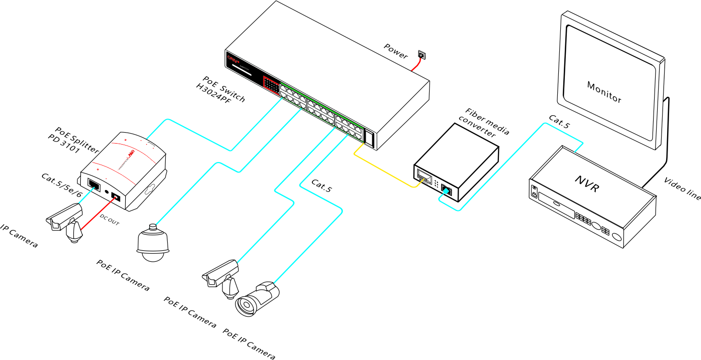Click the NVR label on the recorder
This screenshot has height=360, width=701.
click(x=586, y=184)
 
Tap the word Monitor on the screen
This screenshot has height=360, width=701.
click(x=604, y=92)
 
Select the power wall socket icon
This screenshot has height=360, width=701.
click(x=422, y=55)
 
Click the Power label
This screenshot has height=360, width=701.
click(x=396, y=50)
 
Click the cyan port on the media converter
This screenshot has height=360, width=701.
click(x=447, y=190)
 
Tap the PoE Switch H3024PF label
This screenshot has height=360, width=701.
click(x=221, y=89)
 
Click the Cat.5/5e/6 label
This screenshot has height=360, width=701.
click(x=61, y=185)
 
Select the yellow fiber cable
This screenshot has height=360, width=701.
click(x=384, y=172)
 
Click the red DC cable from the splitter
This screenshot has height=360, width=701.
click(x=97, y=215)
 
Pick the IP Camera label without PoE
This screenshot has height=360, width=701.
click(x=19, y=236)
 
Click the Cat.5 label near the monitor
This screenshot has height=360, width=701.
click(x=559, y=122)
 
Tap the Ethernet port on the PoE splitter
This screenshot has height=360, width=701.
click(x=93, y=183)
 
